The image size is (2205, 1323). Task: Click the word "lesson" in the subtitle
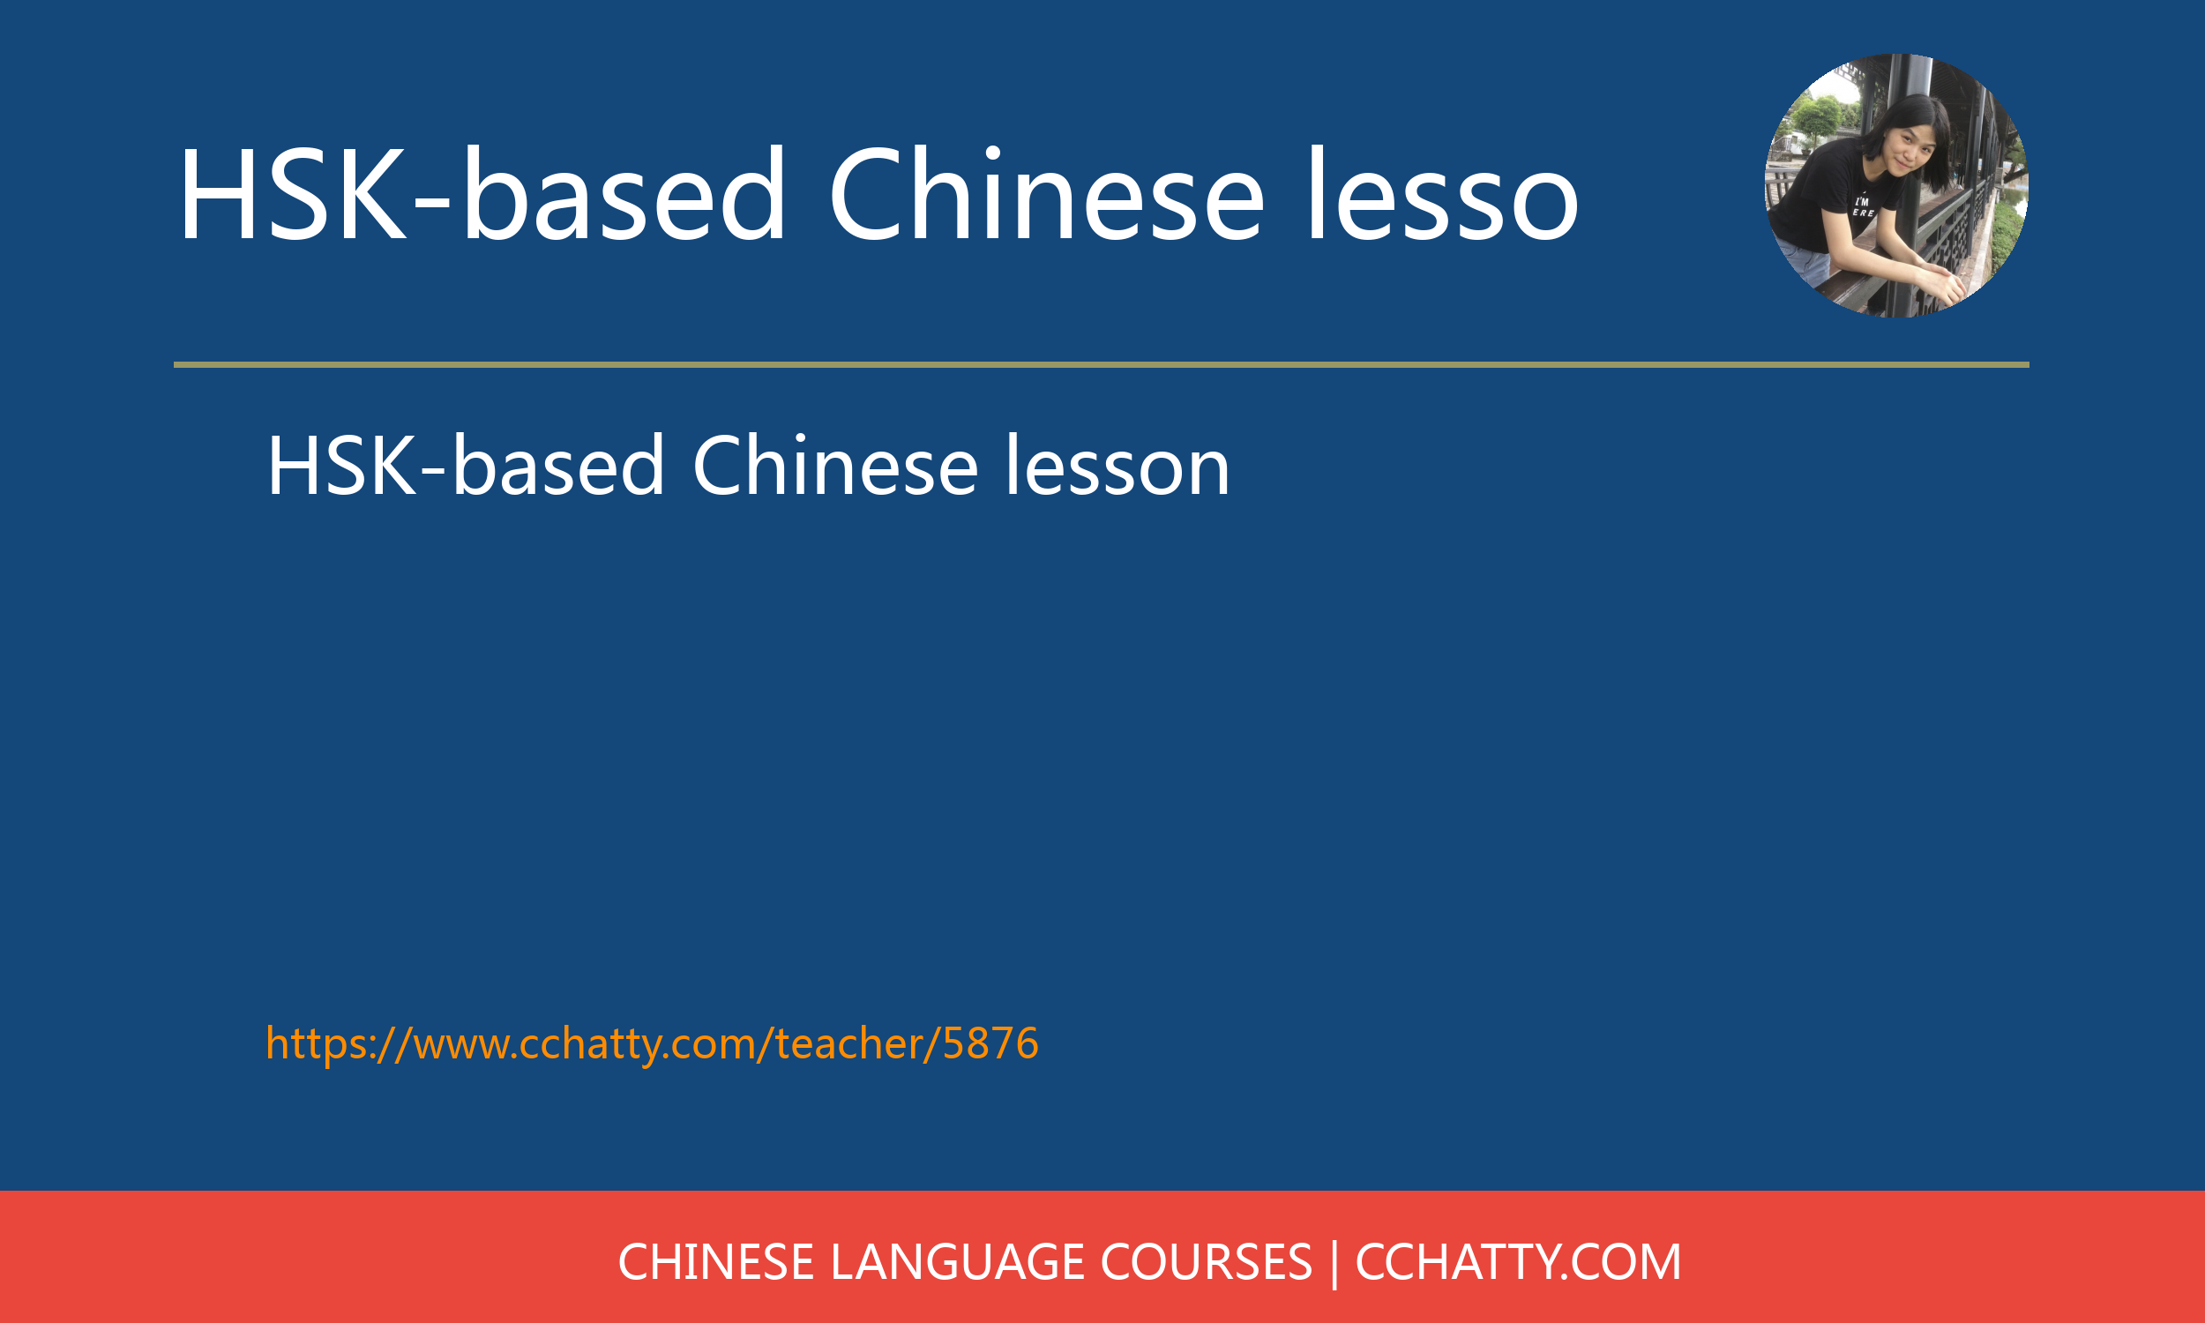1117,467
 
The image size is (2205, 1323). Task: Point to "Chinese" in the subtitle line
835,467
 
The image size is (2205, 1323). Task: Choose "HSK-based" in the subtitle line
466,467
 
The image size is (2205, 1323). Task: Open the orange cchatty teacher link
653,1043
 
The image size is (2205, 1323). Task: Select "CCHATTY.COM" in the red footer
1518,1262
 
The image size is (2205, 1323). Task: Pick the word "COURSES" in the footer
1207,1262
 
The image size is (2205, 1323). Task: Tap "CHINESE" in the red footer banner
715,1262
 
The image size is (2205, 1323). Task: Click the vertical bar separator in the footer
1334,1264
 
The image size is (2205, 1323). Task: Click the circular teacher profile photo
1896,185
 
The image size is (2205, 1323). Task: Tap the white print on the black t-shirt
1863,207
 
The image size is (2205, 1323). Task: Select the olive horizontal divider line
1102,364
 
